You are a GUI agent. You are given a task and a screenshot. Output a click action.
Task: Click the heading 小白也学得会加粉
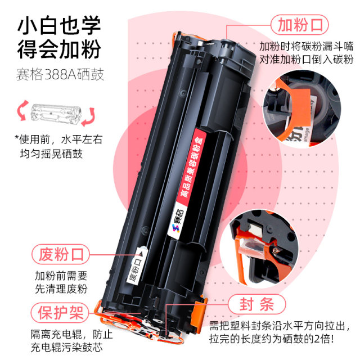(x=58, y=38)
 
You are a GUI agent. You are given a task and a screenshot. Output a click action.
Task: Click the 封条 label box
(x=259, y=305)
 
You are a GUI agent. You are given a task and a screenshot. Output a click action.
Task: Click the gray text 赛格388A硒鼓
(x=60, y=75)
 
